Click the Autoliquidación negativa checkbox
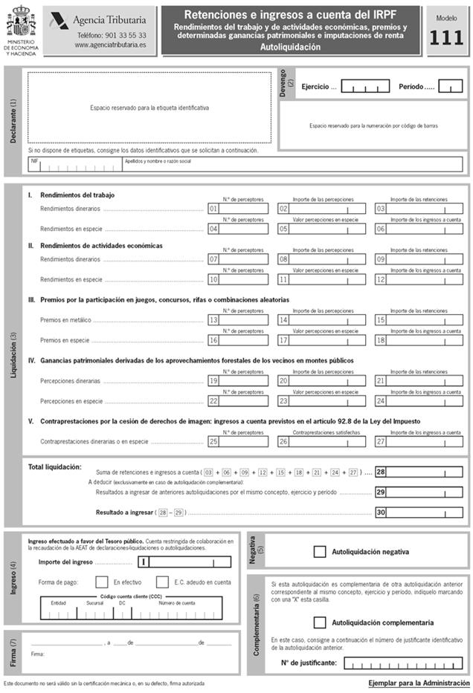(x=320, y=552)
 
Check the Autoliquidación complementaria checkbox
(x=320, y=622)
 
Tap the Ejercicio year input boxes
(x=364, y=87)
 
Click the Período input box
(x=450, y=87)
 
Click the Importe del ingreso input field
(x=186, y=562)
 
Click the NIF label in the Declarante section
(x=35, y=160)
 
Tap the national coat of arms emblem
(x=21, y=23)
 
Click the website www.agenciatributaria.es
(x=110, y=45)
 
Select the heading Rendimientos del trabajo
(x=77, y=195)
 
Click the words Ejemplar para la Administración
(x=419, y=683)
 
